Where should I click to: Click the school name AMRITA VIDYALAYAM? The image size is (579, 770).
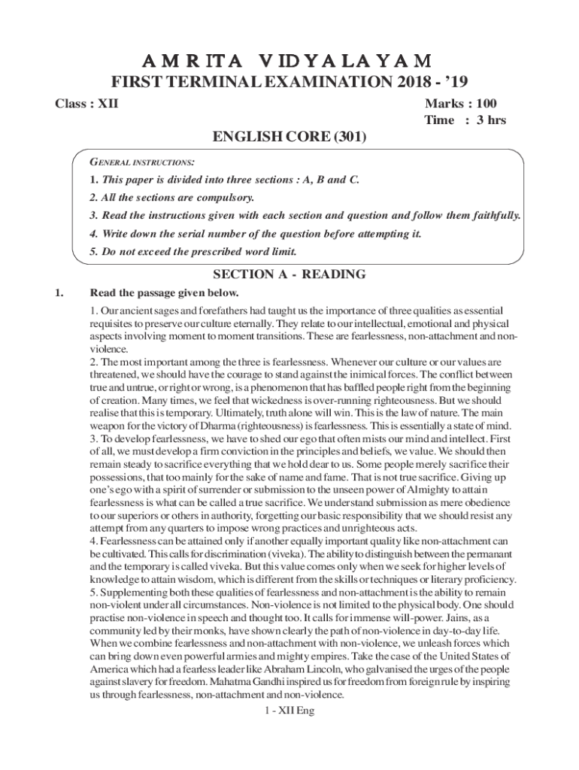coord(289,60)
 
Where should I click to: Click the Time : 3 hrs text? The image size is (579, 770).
coord(465,120)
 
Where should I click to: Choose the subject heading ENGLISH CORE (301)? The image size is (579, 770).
coord(289,138)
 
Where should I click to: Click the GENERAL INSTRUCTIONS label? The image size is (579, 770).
coord(143,162)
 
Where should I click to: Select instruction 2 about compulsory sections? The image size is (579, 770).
coord(172,198)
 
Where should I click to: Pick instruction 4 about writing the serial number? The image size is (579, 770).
coord(255,234)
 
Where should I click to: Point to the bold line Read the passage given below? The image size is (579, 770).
coord(164,293)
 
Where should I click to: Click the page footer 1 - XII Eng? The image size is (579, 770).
coord(283,711)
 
